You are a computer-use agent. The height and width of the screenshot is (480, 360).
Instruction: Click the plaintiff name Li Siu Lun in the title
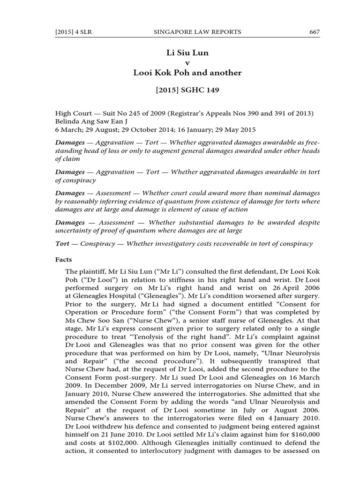pos(187,53)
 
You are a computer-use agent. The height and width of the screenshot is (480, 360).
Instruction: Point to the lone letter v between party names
pos(187,63)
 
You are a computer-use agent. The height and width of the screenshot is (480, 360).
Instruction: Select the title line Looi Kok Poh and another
pos(187,73)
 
